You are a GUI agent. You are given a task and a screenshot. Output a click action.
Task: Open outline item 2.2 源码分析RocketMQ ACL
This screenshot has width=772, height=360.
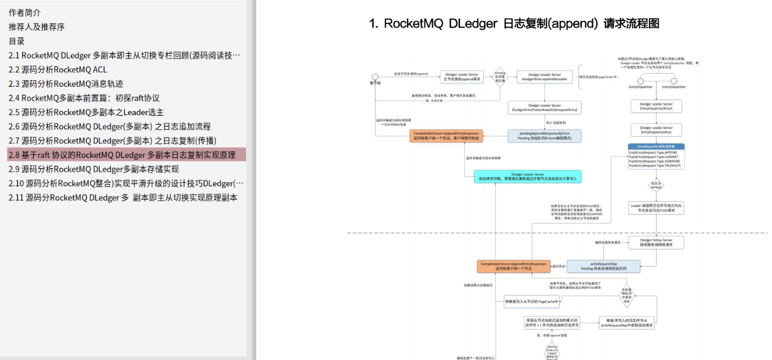point(58,69)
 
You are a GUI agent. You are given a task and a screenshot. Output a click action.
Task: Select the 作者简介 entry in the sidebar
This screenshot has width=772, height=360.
point(25,13)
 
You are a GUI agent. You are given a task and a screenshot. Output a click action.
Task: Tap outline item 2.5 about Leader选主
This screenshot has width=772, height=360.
point(86,112)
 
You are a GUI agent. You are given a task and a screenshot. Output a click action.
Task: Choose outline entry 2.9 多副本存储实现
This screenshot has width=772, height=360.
point(93,169)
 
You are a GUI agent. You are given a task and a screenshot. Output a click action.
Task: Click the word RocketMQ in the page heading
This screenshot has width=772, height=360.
point(413,24)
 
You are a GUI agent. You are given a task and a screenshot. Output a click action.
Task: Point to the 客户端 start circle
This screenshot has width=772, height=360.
point(375,77)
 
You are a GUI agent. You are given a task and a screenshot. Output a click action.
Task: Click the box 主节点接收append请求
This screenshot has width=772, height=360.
point(461,77)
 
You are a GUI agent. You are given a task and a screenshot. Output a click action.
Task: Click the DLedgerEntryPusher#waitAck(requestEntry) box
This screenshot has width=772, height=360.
point(545,107)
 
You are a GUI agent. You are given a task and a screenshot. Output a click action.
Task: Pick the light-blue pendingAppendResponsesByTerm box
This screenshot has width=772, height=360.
point(545,136)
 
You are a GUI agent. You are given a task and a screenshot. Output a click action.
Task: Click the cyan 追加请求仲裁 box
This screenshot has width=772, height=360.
point(527,177)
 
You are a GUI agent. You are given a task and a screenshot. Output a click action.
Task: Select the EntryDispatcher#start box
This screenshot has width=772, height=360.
point(656,106)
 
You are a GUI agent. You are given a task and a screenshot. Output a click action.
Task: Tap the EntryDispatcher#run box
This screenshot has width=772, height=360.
point(656,130)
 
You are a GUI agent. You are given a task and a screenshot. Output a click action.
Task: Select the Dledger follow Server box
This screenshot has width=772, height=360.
point(656,242)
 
